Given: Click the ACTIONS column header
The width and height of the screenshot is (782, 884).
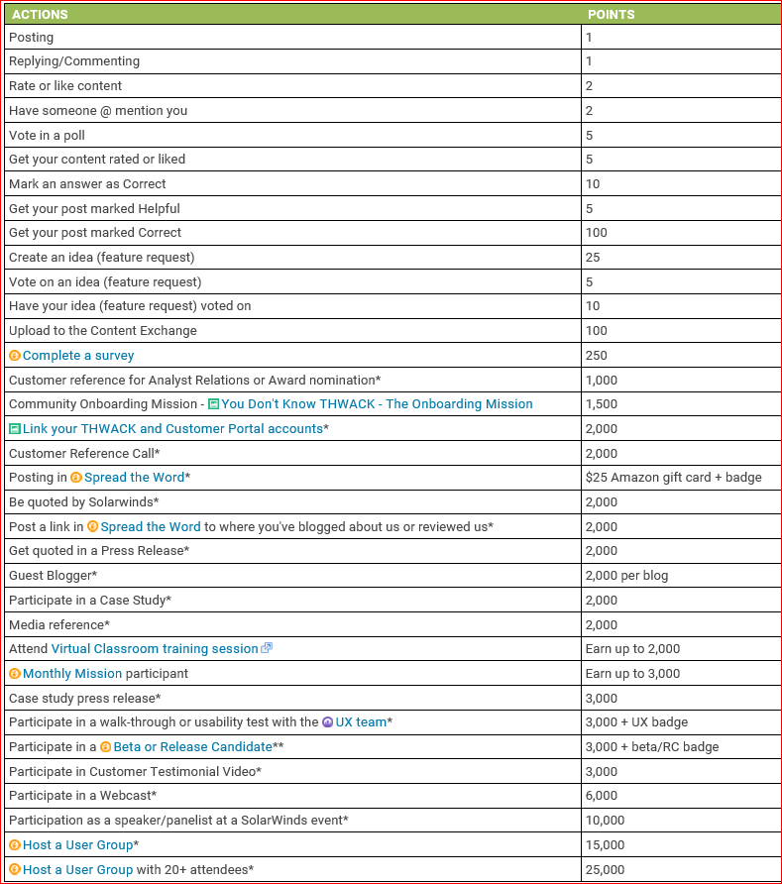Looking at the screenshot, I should [40, 15].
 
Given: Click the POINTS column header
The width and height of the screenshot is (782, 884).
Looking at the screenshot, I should [611, 15].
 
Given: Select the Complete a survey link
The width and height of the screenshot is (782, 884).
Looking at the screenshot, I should [78, 355].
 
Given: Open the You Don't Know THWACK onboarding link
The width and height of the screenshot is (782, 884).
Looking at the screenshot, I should [377, 404].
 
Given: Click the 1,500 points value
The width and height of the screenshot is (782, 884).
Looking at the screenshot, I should [602, 404].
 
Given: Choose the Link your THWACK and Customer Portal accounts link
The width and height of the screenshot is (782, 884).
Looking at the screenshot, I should [172, 428].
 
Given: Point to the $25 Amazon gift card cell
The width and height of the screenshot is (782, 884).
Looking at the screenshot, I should [674, 478].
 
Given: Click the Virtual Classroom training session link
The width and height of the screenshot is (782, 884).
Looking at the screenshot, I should [155, 648].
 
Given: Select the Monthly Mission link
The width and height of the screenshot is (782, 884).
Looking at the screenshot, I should [72, 673].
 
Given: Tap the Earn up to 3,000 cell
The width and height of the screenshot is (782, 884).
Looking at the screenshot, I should [632, 673].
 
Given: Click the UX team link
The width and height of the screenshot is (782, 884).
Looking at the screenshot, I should [361, 721].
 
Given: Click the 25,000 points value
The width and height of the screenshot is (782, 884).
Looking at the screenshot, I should [606, 869].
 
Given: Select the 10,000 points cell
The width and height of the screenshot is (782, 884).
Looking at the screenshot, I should [606, 820].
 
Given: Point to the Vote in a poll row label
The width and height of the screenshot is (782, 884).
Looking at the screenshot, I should [47, 135].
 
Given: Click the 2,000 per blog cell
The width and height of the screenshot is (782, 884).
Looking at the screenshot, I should [626, 575].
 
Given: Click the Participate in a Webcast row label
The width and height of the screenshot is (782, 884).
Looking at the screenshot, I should [82, 795].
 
